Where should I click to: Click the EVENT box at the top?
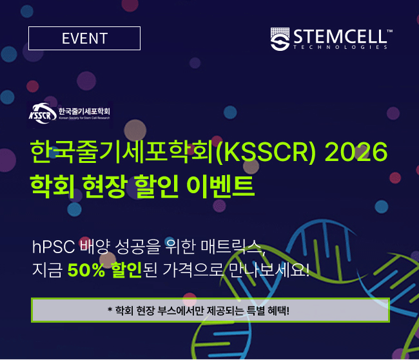(x=84, y=38)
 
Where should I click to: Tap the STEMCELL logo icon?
(x=280, y=39)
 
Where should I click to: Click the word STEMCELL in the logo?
(x=340, y=36)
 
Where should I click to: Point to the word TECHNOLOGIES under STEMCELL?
(x=340, y=47)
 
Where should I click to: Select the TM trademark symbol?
(x=390, y=32)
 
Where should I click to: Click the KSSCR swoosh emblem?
(x=43, y=114)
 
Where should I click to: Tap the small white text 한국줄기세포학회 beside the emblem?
(x=84, y=111)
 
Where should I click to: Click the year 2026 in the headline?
(x=356, y=152)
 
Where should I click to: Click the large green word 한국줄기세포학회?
(x=122, y=152)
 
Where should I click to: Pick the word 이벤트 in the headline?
(x=220, y=186)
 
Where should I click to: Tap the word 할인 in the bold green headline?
(x=157, y=186)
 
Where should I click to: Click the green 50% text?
(x=86, y=270)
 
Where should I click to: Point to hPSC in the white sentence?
(x=54, y=247)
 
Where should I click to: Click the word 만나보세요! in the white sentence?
(x=269, y=270)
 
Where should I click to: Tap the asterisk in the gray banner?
(x=110, y=310)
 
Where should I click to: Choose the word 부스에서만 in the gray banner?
(x=180, y=310)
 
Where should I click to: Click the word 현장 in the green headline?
(x=104, y=186)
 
